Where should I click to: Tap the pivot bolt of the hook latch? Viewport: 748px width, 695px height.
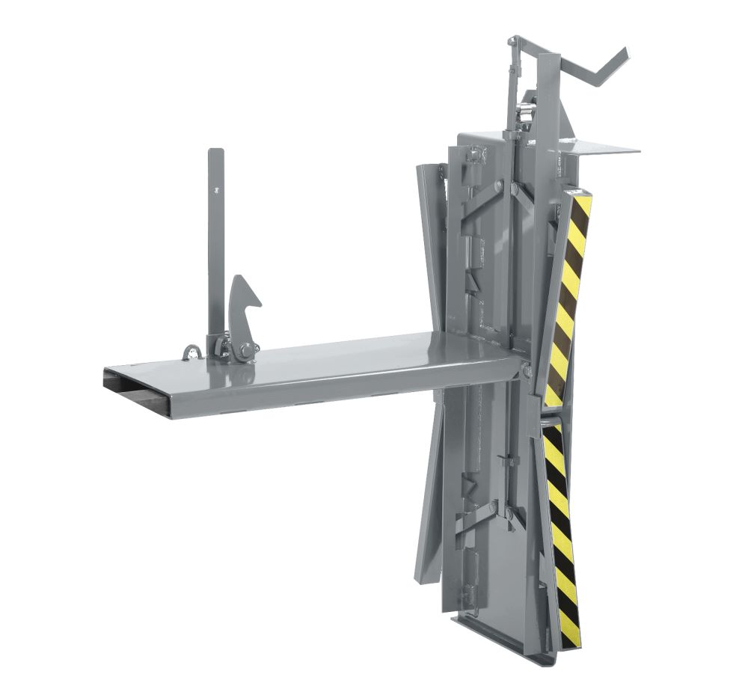pos(245,349)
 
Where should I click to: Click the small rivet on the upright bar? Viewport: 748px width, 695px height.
pos(215,189)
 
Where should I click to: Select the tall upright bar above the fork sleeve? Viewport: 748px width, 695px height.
pos(215,239)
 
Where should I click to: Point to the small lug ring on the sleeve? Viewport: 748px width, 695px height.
pos(192,352)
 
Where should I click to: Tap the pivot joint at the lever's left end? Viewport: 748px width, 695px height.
pos(513,42)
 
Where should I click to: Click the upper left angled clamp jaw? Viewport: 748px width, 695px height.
pos(430,224)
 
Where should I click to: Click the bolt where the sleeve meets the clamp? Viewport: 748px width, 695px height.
pos(527,370)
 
